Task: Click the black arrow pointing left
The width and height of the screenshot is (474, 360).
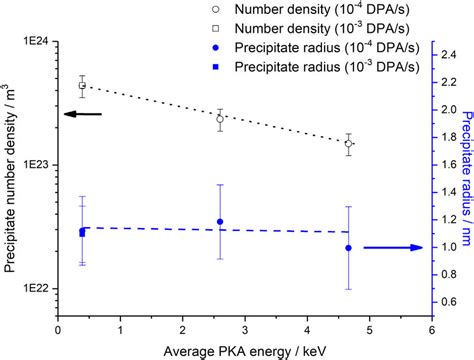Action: click(82, 115)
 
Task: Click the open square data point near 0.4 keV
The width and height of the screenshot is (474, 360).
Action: click(82, 86)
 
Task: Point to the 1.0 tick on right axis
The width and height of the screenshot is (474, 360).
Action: click(447, 247)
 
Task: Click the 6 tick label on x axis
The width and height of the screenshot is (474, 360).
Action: click(431, 328)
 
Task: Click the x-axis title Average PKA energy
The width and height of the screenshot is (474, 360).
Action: click(245, 349)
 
